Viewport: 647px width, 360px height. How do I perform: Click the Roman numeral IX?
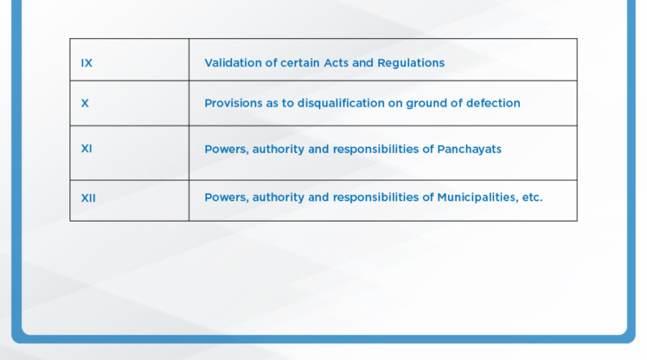click(x=87, y=63)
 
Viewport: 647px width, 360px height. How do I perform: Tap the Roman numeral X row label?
click(x=85, y=104)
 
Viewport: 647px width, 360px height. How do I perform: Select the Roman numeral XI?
click(x=87, y=150)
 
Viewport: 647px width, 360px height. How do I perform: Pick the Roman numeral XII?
click(x=88, y=197)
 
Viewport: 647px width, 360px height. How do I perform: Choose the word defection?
click(x=491, y=104)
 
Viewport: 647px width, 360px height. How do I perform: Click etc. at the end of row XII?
click(x=531, y=197)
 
